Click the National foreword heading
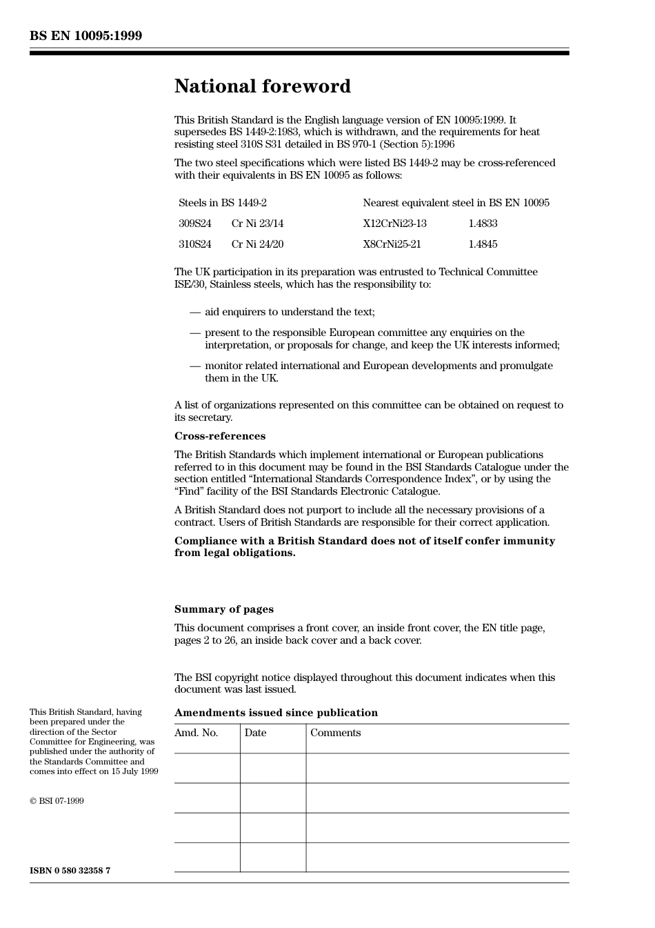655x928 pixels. (x=262, y=86)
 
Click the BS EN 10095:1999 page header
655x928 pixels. (x=85, y=36)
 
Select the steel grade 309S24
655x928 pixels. (x=195, y=224)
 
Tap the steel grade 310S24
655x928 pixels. (x=195, y=244)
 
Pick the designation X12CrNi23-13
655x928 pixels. (x=394, y=224)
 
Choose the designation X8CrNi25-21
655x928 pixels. (x=392, y=244)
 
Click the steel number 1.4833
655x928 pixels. (x=483, y=224)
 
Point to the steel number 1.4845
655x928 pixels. (x=483, y=244)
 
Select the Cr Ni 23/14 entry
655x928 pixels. (x=257, y=224)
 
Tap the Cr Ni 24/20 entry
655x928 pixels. (x=257, y=244)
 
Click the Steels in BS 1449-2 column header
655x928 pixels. (x=223, y=203)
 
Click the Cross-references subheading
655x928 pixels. (x=219, y=436)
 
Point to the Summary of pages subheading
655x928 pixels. (x=223, y=609)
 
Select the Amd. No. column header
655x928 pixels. (x=196, y=733)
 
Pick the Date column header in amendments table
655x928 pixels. (x=255, y=733)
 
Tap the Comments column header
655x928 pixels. (x=335, y=733)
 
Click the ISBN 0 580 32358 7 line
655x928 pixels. (x=70, y=871)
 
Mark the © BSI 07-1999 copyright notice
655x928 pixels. (x=57, y=801)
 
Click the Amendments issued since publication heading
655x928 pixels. (x=276, y=713)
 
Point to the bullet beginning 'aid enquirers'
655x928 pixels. (x=290, y=312)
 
